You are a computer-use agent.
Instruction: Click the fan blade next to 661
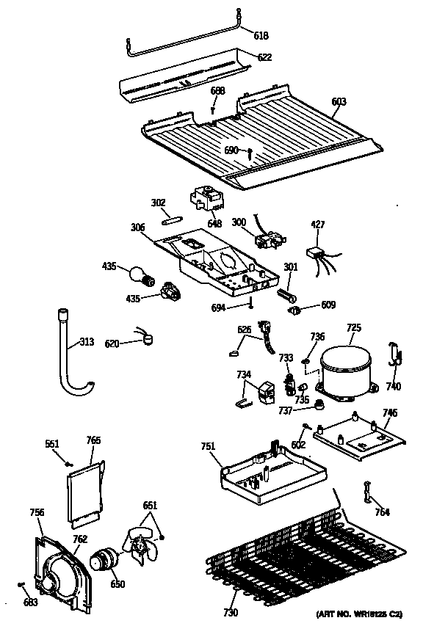click(142, 547)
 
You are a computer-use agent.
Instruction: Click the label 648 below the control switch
click(214, 223)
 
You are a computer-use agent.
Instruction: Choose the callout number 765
click(93, 440)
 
